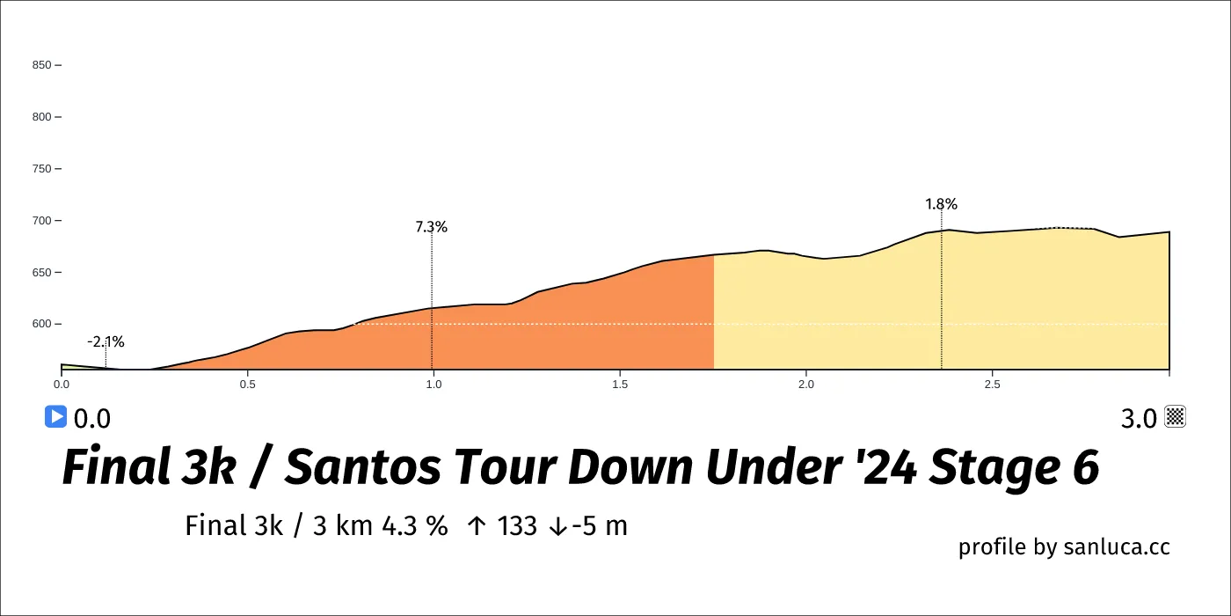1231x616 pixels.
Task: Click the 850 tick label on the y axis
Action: (x=41, y=65)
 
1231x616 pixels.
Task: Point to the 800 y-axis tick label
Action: (x=41, y=117)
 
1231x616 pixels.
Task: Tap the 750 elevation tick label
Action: (x=41, y=169)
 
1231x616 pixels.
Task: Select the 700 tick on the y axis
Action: (x=41, y=221)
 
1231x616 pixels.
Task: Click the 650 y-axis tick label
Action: (x=41, y=273)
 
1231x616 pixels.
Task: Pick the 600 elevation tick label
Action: (x=41, y=325)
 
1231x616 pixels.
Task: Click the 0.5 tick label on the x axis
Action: (x=248, y=385)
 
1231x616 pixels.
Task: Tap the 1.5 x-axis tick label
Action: (x=620, y=385)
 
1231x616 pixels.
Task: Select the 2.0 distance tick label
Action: (x=806, y=385)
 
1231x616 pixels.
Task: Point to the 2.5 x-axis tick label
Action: (x=993, y=385)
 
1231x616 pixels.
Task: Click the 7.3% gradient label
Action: (x=432, y=227)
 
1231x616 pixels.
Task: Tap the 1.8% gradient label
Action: (x=941, y=204)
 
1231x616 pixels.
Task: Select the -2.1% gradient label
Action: (x=106, y=342)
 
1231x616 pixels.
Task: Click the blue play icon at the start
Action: (x=55, y=417)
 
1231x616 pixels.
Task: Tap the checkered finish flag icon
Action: (x=1176, y=417)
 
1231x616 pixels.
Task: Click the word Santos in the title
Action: (x=363, y=468)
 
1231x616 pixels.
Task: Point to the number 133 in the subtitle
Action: (x=517, y=526)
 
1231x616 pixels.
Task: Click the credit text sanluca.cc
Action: (x=1117, y=547)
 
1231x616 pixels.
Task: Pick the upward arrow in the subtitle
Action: (x=477, y=526)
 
